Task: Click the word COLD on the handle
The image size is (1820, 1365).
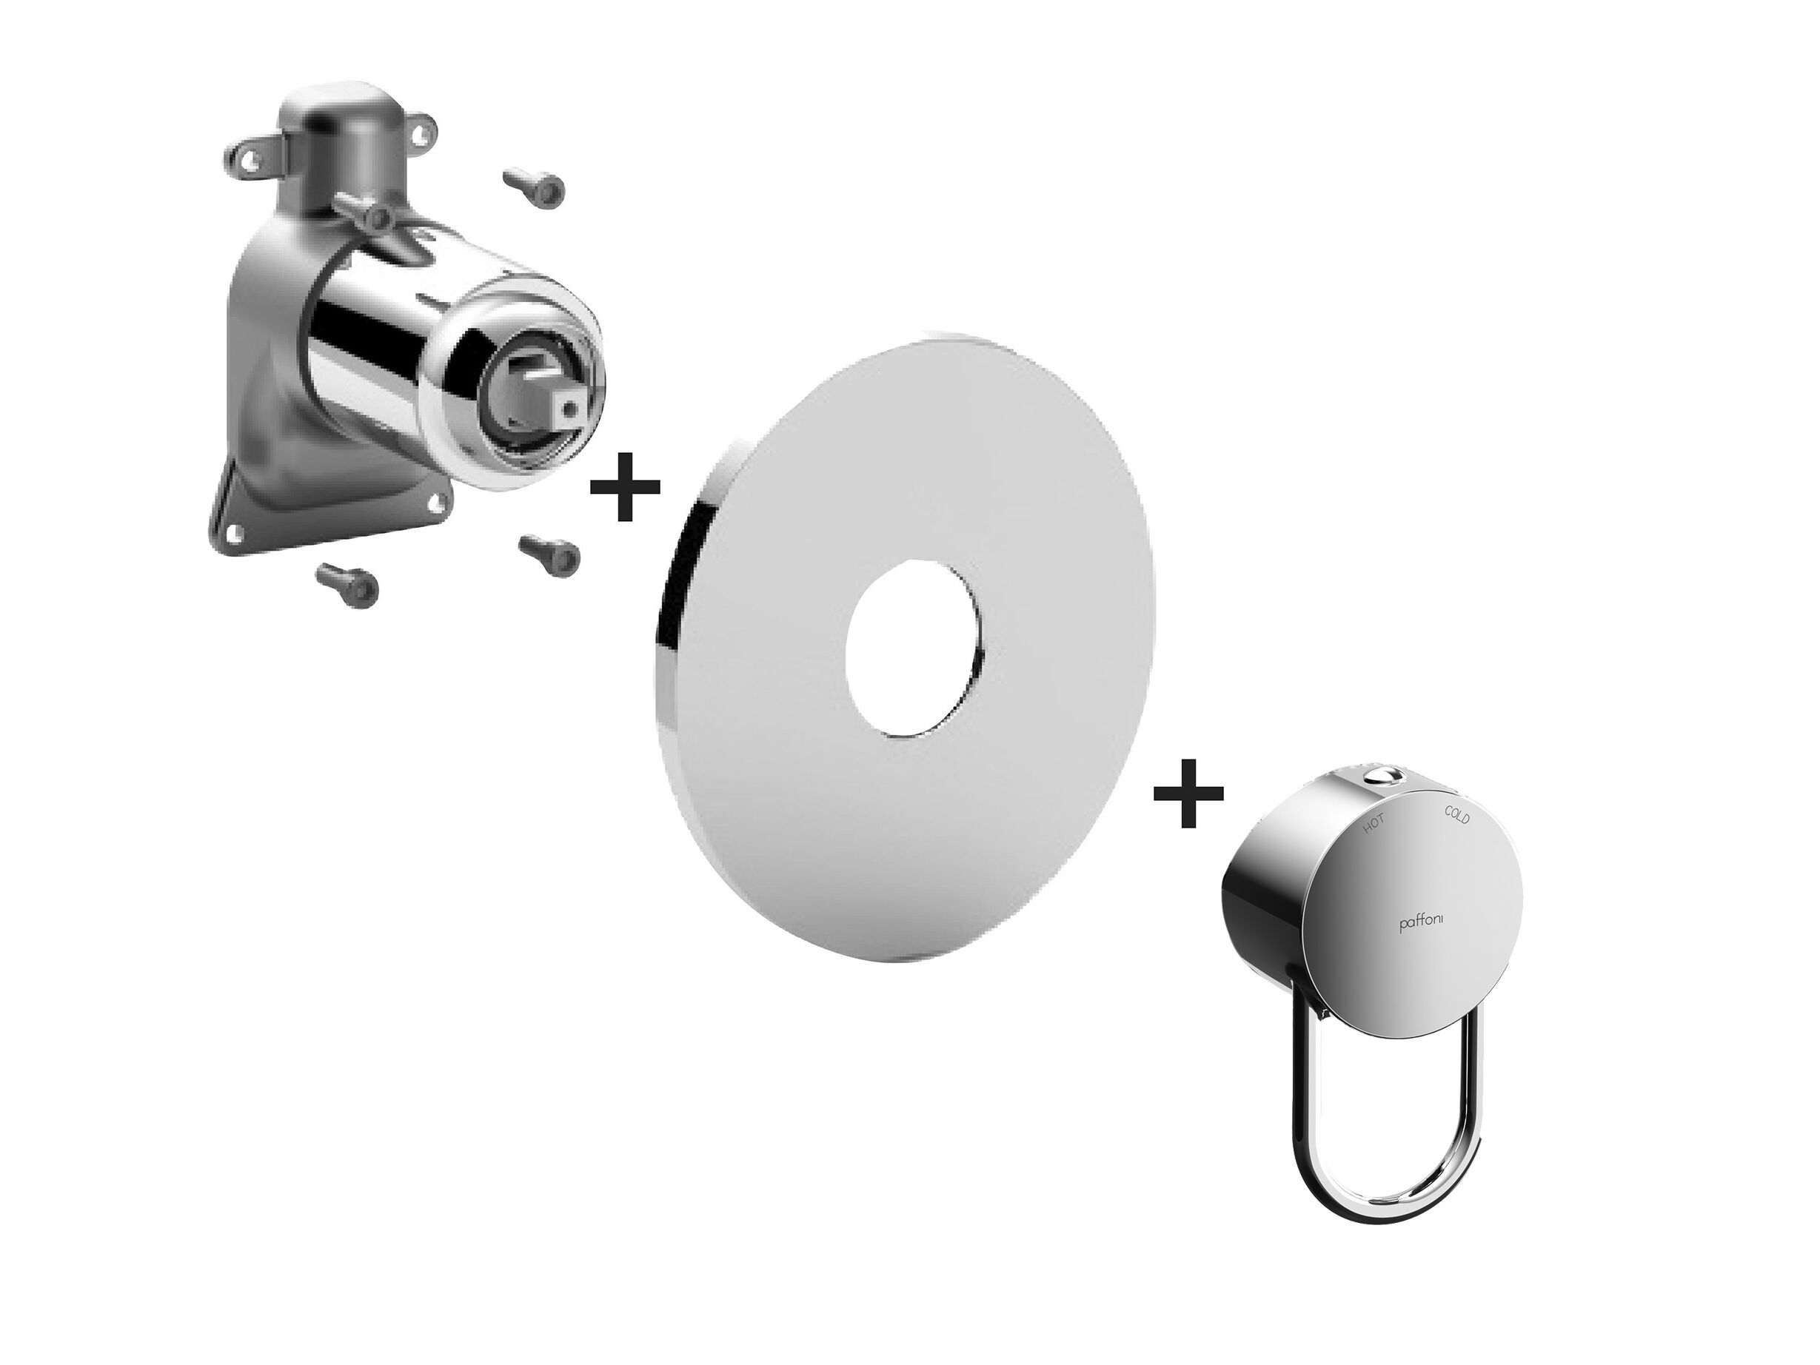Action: coord(1457,814)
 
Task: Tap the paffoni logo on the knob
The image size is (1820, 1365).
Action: coord(1420,924)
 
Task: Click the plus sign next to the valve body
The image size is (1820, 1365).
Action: coord(626,487)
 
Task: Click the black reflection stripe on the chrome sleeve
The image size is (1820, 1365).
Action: coord(342,329)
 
